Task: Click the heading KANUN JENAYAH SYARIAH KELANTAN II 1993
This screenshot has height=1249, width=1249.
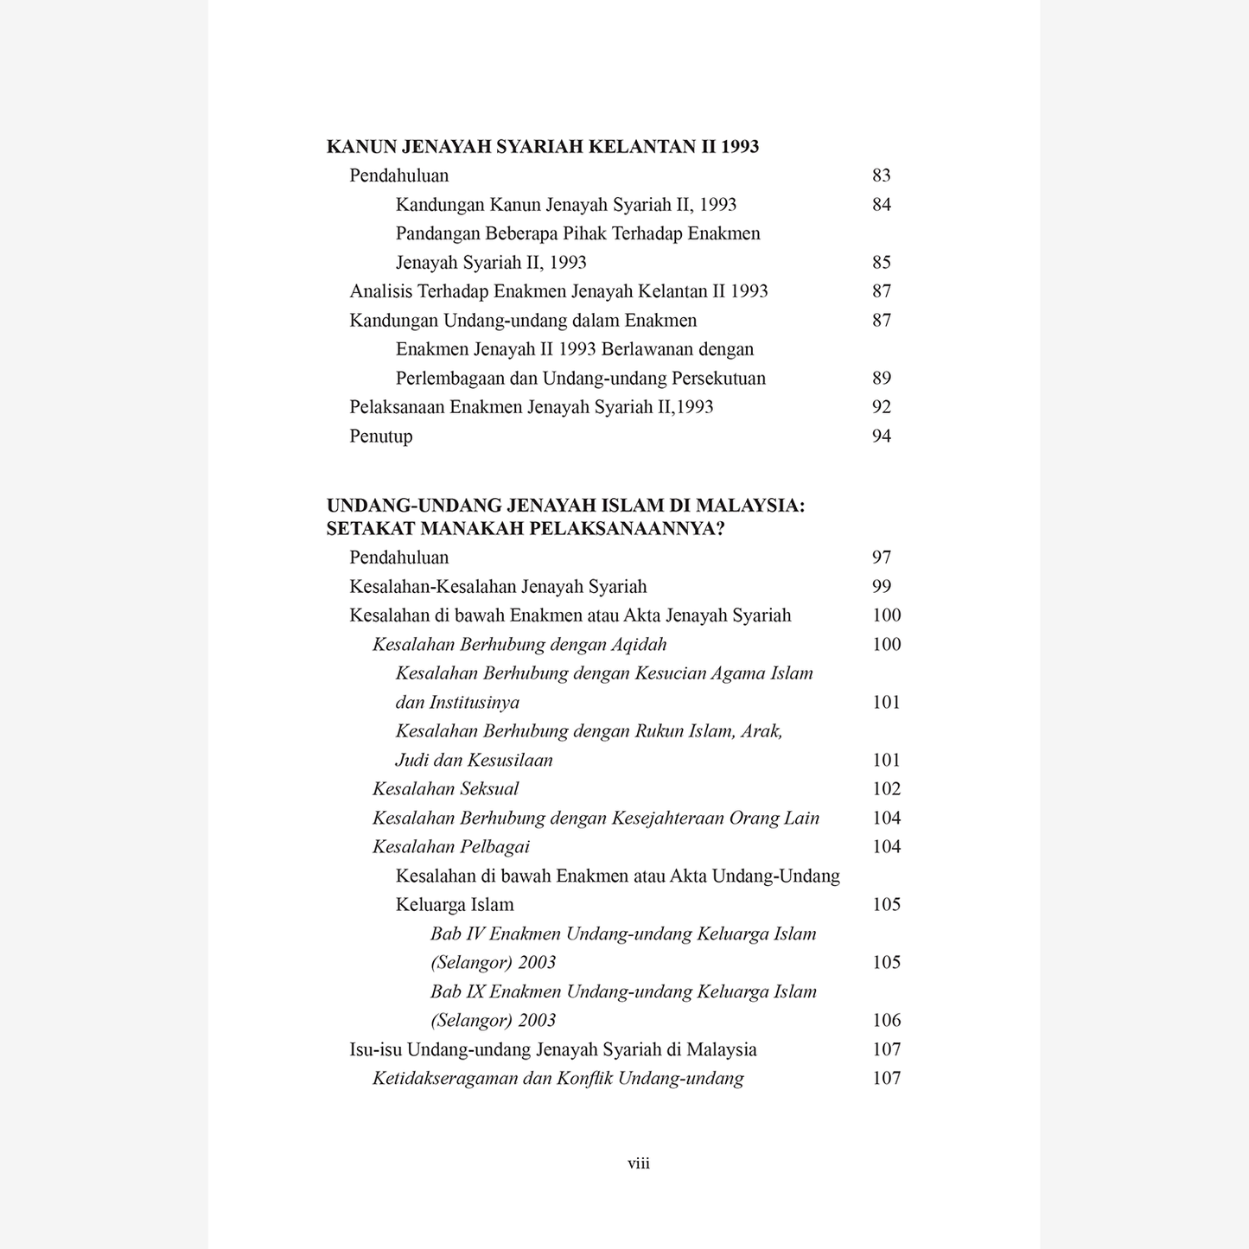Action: click(x=542, y=147)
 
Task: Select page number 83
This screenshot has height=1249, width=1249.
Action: click(x=881, y=175)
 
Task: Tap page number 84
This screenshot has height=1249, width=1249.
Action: click(x=881, y=205)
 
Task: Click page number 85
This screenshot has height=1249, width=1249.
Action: click(x=881, y=263)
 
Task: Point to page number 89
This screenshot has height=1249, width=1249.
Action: click(x=881, y=379)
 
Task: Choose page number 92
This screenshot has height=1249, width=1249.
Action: click(x=881, y=407)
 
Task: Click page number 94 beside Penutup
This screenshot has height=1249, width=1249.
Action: click(x=881, y=437)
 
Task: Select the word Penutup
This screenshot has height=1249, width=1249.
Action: click(x=380, y=437)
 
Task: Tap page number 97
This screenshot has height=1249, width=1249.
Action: click(x=881, y=558)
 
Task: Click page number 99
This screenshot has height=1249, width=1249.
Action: click(x=881, y=587)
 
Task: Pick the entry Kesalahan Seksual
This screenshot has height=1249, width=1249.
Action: click(x=445, y=789)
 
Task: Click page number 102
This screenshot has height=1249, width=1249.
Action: click(x=886, y=789)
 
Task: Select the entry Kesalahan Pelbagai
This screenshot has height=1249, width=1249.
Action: click(x=450, y=847)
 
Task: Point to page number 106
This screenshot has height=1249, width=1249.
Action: click(x=886, y=1021)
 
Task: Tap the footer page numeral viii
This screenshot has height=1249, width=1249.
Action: click(x=638, y=1163)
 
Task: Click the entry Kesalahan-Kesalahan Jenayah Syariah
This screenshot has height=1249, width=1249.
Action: click(x=498, y=587)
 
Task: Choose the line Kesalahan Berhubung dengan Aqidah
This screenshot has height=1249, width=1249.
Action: click(x=519, y=645)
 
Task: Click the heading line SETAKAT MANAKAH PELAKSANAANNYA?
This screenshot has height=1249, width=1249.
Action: click(x=525, y=529)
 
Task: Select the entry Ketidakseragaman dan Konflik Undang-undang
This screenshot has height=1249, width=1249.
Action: click(x=558, y=1079)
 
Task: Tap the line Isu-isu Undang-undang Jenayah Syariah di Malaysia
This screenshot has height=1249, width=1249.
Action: click(x=552, y=1050)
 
